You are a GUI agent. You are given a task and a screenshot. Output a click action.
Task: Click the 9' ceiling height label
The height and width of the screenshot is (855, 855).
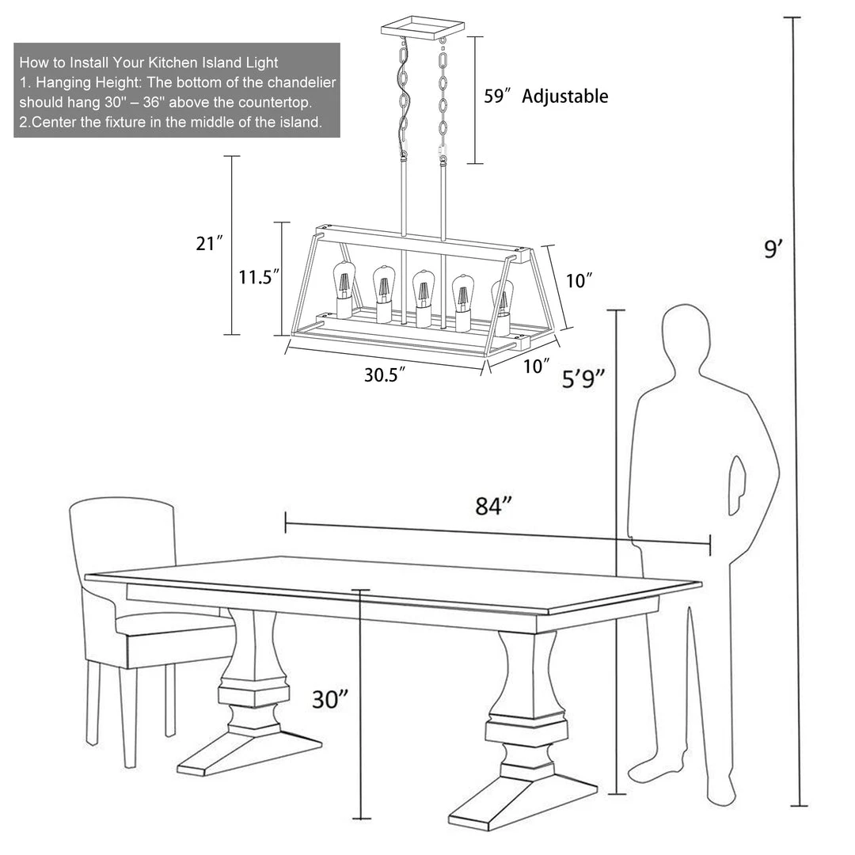773,249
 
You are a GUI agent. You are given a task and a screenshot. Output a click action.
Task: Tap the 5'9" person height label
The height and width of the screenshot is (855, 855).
583,378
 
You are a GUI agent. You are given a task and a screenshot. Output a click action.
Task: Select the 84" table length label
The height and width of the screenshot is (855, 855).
494,506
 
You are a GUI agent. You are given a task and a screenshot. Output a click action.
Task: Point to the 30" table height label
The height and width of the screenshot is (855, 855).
330,699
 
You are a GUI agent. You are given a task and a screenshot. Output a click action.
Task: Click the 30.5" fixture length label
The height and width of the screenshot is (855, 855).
385,375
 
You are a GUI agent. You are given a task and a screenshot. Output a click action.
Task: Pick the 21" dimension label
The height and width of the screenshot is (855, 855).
209,243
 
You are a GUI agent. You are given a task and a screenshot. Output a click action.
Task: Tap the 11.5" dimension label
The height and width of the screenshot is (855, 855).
259,277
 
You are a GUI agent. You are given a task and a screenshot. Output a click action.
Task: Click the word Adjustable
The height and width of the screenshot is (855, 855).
565,96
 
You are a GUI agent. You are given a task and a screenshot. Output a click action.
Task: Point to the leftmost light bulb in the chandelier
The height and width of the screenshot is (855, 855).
344,289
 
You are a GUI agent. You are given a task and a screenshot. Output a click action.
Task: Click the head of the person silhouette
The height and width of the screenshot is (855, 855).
686,339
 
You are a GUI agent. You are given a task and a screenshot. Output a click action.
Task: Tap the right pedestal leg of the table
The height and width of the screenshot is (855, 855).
523,731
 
